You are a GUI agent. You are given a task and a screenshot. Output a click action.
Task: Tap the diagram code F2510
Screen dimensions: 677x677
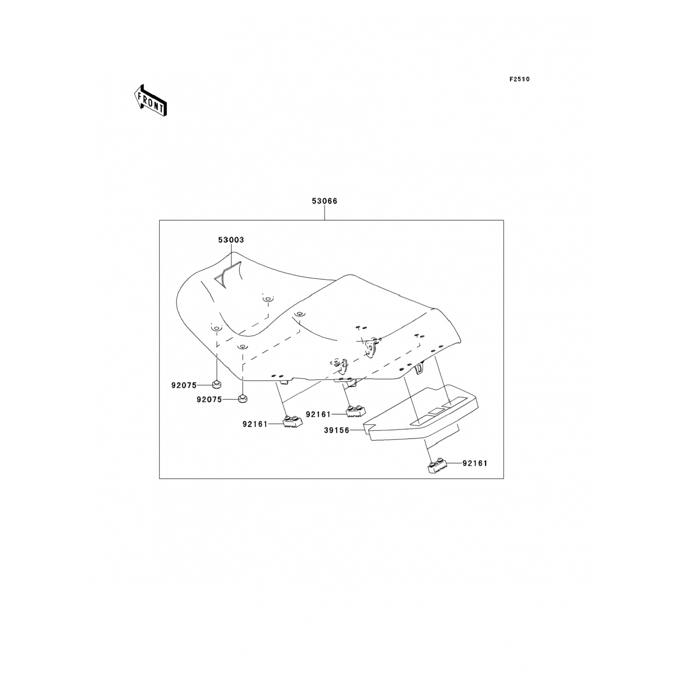coord(519,79)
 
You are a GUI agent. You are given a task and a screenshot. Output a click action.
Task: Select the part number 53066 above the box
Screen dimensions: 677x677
coord(325,201)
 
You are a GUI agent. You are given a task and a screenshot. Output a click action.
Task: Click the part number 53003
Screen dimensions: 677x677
coord(231,240)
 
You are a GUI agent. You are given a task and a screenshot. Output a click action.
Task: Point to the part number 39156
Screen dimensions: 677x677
coord(337,431)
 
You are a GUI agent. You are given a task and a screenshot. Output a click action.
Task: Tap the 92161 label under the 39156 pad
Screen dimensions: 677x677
coord(475,464)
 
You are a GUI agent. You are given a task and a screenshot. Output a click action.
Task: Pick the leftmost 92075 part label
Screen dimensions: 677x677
coord(184,385)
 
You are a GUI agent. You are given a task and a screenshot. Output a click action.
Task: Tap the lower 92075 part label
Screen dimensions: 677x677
coord(209,400)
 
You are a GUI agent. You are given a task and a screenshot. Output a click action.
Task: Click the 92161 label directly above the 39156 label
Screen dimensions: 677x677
coord(318,414)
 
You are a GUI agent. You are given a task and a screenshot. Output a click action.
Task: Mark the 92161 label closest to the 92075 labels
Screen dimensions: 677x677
coord(255,424)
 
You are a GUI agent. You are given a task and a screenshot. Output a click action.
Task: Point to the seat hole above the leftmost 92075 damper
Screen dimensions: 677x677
coord(216,328)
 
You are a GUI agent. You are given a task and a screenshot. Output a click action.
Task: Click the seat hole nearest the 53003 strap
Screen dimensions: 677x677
coord(268,298)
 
